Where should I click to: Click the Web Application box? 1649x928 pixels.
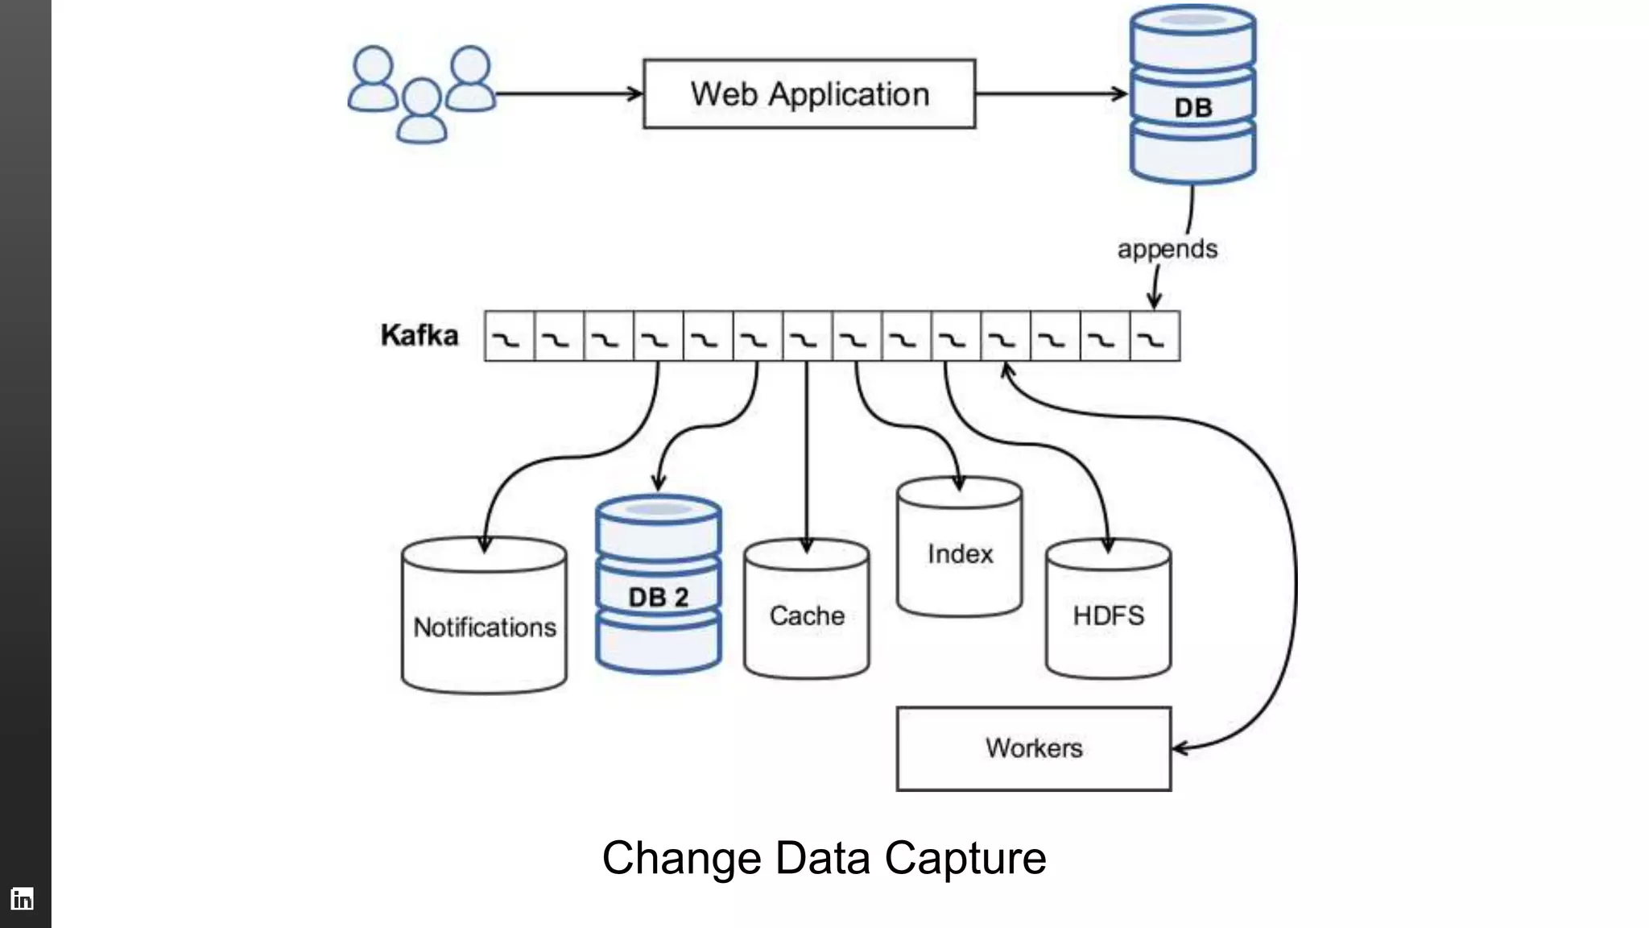tap(809, 93)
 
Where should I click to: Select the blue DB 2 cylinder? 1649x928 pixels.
tap(659, 584)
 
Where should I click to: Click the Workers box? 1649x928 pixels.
tap(1034, 748)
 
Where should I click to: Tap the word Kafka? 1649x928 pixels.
tap(419, 335)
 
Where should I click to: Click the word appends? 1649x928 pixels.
tap(1167, 249)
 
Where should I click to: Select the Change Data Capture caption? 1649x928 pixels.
tap(824, 857)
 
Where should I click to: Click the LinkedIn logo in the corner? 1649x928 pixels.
tap(22, 898)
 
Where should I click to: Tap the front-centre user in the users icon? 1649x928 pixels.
tap(422, 112)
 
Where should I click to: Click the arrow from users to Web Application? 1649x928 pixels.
tap(568, 94)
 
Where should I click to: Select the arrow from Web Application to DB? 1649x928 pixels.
tap(1050, 94)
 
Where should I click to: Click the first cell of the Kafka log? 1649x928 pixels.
tap(509, 336)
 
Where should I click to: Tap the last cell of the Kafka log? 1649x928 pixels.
tap(1155, 336)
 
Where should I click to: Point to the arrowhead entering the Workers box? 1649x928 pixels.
tap(1180, 748)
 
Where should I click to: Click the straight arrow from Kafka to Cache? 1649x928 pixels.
tap(807, 451)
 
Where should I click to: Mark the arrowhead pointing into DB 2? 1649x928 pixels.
tap(659, 483)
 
